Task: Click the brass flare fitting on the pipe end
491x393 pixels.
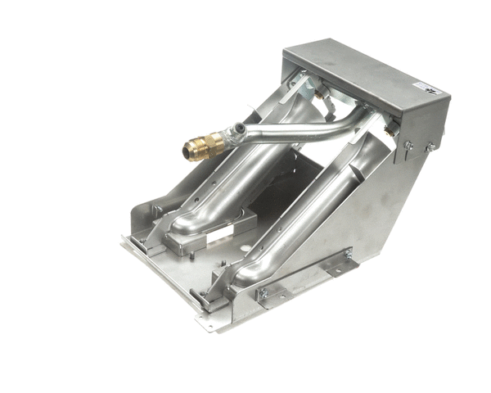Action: [x=202, y=147]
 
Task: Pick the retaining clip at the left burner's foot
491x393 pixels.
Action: [x=146, y=240]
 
